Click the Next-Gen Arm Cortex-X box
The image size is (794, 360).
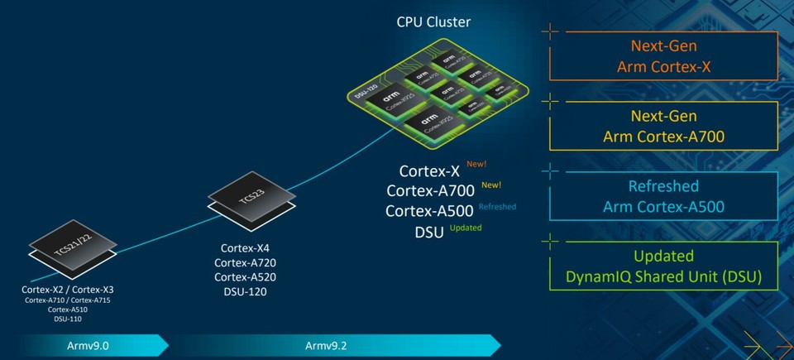pyautogui.click(x=664, y=57)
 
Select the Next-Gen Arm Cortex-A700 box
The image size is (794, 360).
pyautogui.click(x=664, y=127)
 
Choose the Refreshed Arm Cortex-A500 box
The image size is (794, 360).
pyautogui.click(x=664, y=196)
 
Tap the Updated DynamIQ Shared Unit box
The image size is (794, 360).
pyautogui.click(x=664, y=266)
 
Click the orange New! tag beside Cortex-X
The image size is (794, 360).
pyautogui.click(x=477, y=165)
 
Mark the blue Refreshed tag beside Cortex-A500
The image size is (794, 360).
pyautogui.click(x=497, y=207)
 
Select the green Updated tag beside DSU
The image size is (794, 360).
pyautogui.click(x=466, y=228)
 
